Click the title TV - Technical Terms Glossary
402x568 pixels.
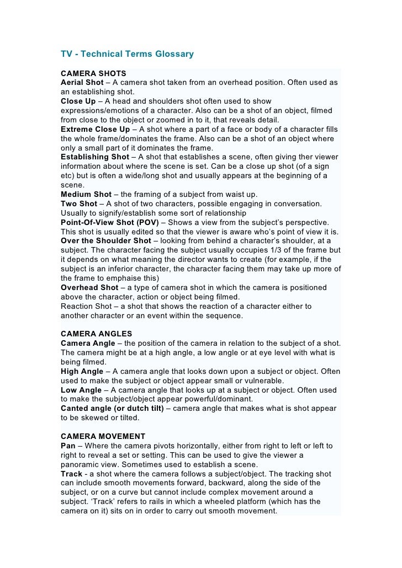pos(127,54)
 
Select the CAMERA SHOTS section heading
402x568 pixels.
pos(93,73)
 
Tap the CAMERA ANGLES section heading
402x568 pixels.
pos(97,334)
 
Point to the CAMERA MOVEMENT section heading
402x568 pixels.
pos(103,436)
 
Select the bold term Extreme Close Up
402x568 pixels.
pos(95,129)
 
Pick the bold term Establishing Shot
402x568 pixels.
pos(94,157)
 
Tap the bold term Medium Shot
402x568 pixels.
pos(86,194)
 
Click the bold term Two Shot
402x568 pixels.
pos(78,203)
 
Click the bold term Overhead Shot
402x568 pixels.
pos(89,287)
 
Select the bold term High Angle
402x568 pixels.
pos(82,371)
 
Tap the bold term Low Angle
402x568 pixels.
pos(81,390)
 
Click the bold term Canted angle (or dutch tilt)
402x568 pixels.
pos(113,409)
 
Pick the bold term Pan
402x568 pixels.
pos(68,446)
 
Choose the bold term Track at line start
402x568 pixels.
pos(71,474)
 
